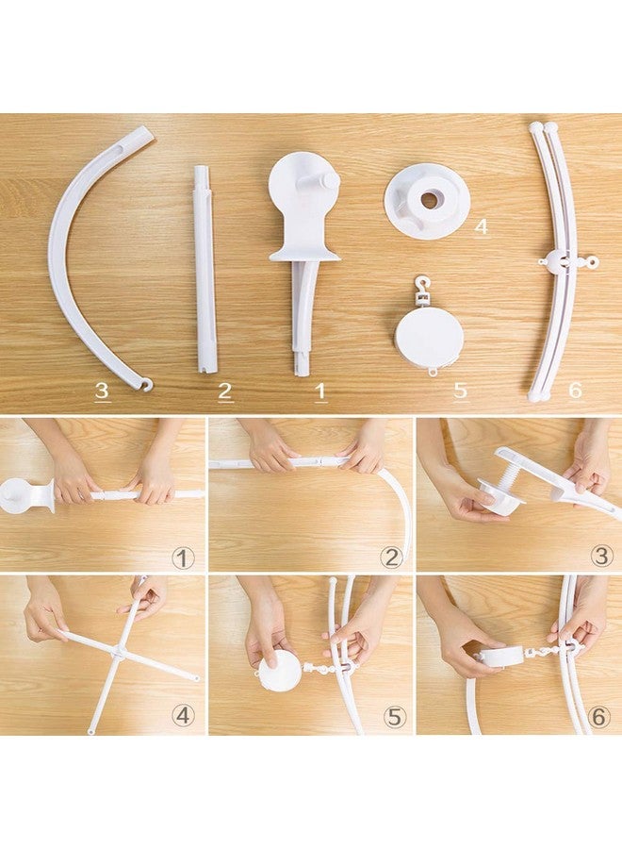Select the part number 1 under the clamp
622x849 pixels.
coord(320,391)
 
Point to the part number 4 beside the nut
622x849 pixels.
coord(481,227)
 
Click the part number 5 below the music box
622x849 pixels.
coord(460,390)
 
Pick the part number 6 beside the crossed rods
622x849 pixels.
coord(575,390)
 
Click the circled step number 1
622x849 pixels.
coord(183,557)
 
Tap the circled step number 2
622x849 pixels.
coord(391,557)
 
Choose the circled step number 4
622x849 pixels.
coord(183,716)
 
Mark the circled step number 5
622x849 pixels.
coord(392,716)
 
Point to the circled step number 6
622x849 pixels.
coord(600,716)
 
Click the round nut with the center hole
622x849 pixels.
coord(428,199)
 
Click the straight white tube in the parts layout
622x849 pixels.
coord(205,269)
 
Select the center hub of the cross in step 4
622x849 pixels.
coord(120,652)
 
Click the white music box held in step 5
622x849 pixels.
coord(279,671)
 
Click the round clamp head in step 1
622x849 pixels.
coord(21,495)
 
